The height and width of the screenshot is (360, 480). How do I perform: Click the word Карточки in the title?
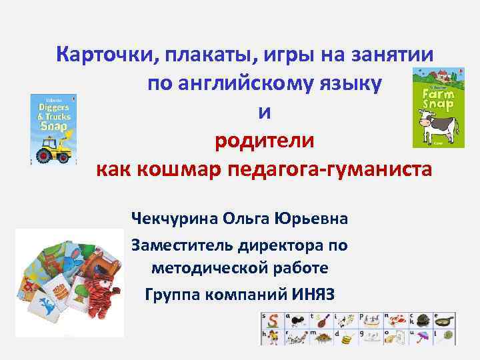[101, 55]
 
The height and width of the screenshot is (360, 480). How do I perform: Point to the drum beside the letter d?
[347, 338]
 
